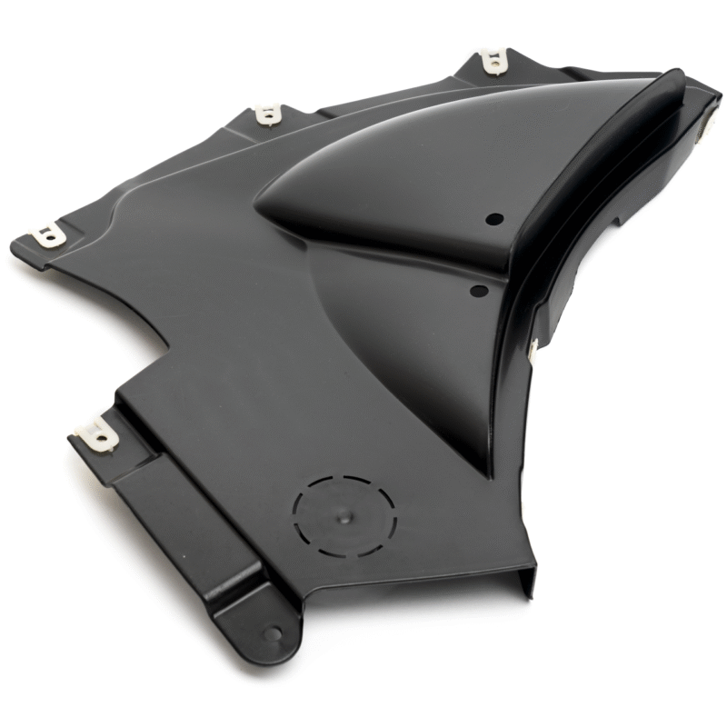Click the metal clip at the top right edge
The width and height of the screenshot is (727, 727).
(493, 62)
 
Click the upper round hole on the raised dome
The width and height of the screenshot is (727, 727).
(494, 219)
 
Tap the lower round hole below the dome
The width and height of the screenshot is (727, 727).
(479, 291)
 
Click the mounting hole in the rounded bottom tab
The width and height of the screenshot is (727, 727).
(272, 633)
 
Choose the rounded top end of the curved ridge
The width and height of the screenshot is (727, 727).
(668, 80)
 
